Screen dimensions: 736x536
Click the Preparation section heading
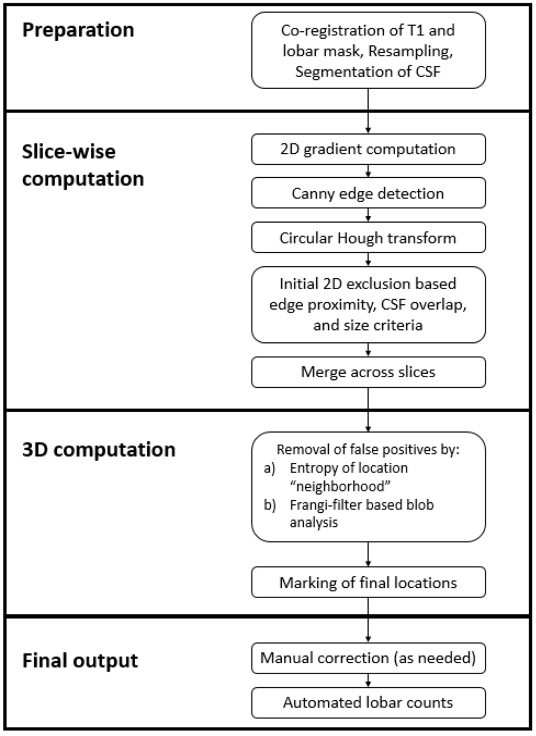[x=78, y=30]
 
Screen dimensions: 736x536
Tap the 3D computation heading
[x=98, y=449]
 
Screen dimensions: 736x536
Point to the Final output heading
[x=80, y=660]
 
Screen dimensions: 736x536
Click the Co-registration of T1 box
[x=368, y=50]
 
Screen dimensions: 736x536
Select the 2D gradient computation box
[x=368, y=149]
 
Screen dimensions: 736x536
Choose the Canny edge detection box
[x=368, y=193]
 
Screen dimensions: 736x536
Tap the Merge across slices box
[x=368, y=373]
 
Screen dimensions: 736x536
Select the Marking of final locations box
[x=368, y=583]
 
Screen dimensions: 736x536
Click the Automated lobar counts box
[x=368, y=702]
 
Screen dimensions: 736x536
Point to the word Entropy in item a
[x=310, y=469]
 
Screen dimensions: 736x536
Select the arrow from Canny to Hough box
[x=369, y=215]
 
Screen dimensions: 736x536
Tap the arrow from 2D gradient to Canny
[x=369, y=172]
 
